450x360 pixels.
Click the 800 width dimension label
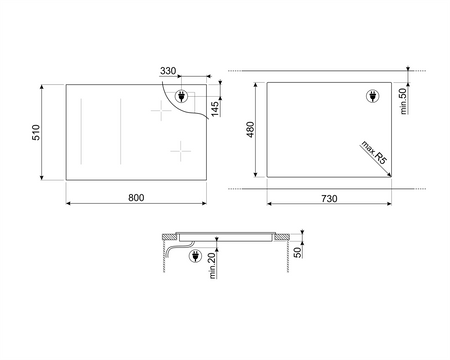[x=136, y=198]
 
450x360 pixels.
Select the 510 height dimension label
[x=36, y=132]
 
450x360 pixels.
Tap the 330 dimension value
[x=168, y=71]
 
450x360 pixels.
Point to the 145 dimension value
[x=215, y=109]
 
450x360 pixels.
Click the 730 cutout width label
[x=329, y=199]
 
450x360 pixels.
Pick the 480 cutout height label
[x=250, y=130]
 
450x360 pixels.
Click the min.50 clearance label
[x=404, y=101]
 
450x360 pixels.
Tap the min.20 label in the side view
[x=212, y=266]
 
